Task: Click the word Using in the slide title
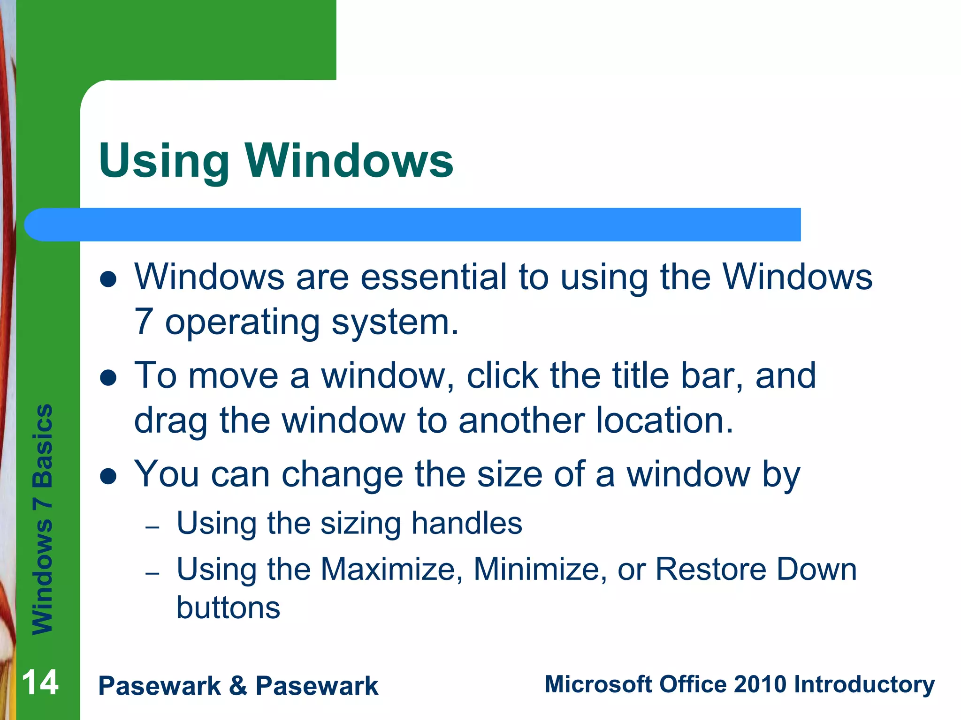[164, 162]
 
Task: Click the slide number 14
[40, 683]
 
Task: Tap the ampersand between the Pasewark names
[238, 686]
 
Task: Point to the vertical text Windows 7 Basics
[43, 519]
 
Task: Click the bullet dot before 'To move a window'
[108, 378]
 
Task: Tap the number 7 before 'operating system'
[143, 322]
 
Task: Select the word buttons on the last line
[228, 608]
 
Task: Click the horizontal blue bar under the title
[422, 225]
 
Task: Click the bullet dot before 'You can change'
[108, 477]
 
